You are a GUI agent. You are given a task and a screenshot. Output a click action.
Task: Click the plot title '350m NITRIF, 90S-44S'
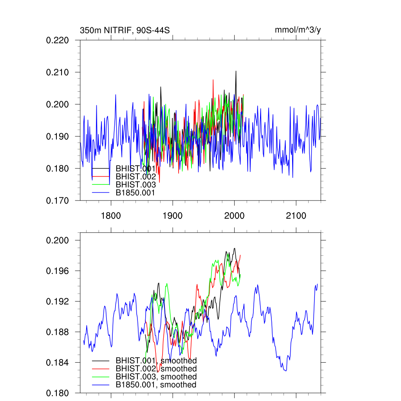point(125,30)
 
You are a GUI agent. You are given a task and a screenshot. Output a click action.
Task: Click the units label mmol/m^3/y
point(298,30)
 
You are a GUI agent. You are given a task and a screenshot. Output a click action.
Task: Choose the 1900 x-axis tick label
point(173,216)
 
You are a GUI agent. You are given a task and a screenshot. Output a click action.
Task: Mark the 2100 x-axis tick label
point(296,216)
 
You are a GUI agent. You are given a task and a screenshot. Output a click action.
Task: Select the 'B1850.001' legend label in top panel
point(135,193)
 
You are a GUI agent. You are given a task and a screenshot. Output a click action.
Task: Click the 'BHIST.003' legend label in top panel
point(135,184)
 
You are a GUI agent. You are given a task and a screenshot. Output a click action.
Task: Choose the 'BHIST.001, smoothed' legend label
point(156,360)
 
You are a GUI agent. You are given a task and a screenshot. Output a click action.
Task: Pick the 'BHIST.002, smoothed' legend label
point(156,368)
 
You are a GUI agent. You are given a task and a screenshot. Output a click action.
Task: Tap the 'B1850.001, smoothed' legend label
point(156,385)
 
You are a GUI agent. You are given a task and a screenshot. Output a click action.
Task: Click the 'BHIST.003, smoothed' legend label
point(156,377)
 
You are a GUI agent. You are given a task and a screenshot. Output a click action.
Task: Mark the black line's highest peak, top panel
point(236,71)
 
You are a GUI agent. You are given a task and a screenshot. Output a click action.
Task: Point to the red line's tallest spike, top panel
point(213,80)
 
